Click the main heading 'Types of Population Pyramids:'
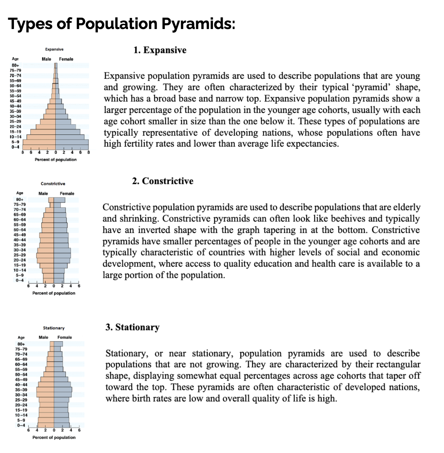tap(122, 24)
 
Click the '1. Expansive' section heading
tap(160, 50)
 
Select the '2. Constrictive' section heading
tap(162, 181)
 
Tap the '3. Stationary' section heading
tap(132, 327)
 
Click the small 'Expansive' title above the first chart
tap(55, 49)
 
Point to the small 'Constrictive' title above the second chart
tap(53, 183)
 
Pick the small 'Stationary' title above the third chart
tap(54, 328)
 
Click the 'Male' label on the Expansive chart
tap(46, 59)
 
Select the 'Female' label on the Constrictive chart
tap(67, 194)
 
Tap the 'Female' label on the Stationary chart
tap(65, 337)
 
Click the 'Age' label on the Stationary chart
tap(21, 338)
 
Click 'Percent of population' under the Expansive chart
tap(56, 159)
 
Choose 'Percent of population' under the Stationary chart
tap(54, 437)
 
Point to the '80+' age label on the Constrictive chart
tap(20, 199)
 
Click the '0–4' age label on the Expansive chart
tap(15, 147)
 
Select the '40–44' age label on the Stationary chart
tap(21, 385)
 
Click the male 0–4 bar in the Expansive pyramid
tap(39, 147)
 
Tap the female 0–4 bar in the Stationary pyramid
tap(61, 425)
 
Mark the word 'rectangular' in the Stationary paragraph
tap(401, 364)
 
